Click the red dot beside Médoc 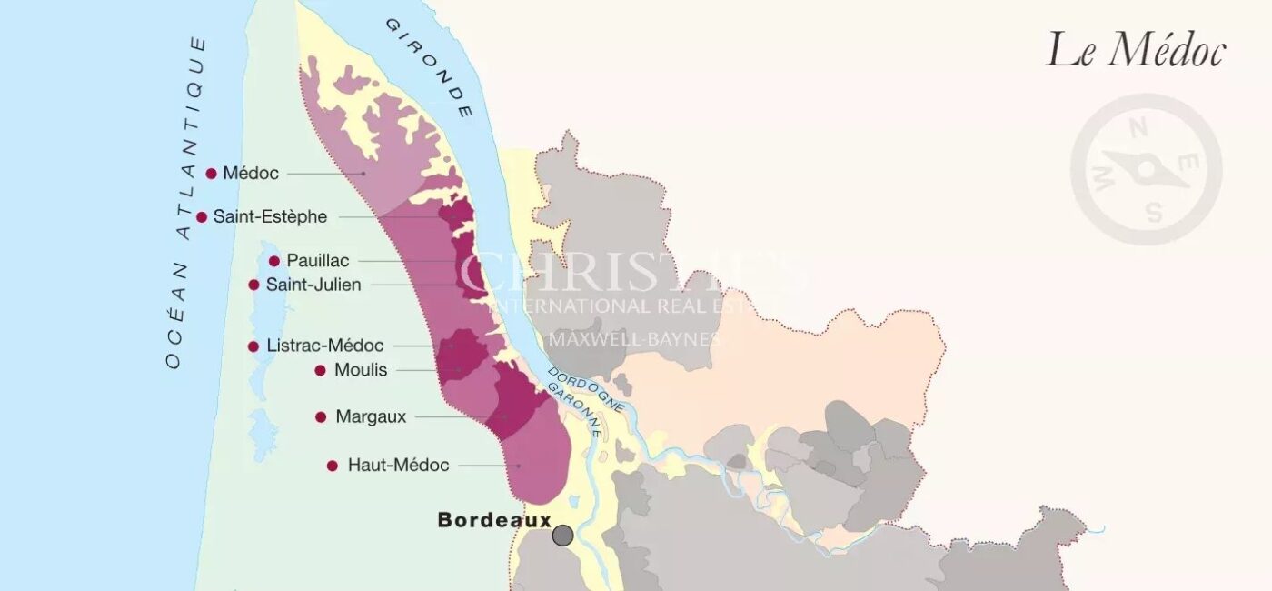[x=212, y=173]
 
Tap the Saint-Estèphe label [x=270, y=217]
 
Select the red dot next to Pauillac [x=274, y=261]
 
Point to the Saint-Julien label [x=313, y=285]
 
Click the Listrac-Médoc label [x=325, y=346]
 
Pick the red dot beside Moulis [x=320, y=370]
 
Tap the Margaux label [x=371, y=416]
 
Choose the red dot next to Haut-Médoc [x=333, y=466]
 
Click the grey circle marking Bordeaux [x=563, y=536]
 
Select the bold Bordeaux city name [x=494, y=520]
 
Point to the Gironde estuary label [x=429, y=67]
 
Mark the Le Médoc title [x=1136, y=50]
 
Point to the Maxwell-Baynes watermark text [x=635, y=339]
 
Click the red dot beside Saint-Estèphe [x=202, y=217]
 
